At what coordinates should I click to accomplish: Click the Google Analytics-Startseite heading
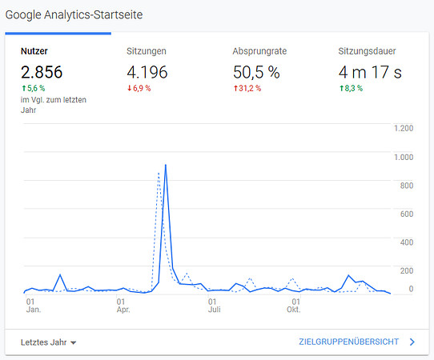pyautogui.click(x=74, y=15)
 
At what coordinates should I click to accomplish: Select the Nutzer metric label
pyautogui.click(x=34, y=51)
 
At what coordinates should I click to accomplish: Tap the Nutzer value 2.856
pyautogui.click(x=42, y=72)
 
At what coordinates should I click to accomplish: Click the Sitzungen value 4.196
pyautogui.click(x=147, y=72)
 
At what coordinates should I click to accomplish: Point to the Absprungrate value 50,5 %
pyautogui.click(x=256, y=72)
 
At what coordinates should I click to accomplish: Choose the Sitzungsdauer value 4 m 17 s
pyautogui.click(x=370, y=72)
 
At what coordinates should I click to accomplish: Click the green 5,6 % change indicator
pyautogui.click(x=33, y=88)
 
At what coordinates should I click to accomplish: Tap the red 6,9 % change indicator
pyautogui.click(x=139, y=88)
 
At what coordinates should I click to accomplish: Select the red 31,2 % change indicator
pyautogui.click(x=247, y=88)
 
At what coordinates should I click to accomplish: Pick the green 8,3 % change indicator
pyautogui.click(x=351, y=88)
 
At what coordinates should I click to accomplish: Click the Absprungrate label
pyautogui.click(x=259, y=51)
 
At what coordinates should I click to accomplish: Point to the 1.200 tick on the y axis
pyautogui.click(x=404, y=128)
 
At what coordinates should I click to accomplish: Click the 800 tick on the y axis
pyautogui.click(x=407, y=186)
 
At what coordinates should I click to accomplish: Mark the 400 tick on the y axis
pyautogui.click(x=407, y=242)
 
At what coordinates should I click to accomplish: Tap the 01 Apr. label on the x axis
pyautogui.click(x=123, y=306)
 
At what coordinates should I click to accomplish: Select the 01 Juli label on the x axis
pyautogui.click(x=215, y=306)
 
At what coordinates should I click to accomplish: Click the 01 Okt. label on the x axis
pyautogui.click(x=294, y=306)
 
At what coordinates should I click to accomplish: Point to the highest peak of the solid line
pyautogui.click(x=166, y=165)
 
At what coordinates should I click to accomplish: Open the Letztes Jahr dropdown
pyautogui.click(x=48, y=342)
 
